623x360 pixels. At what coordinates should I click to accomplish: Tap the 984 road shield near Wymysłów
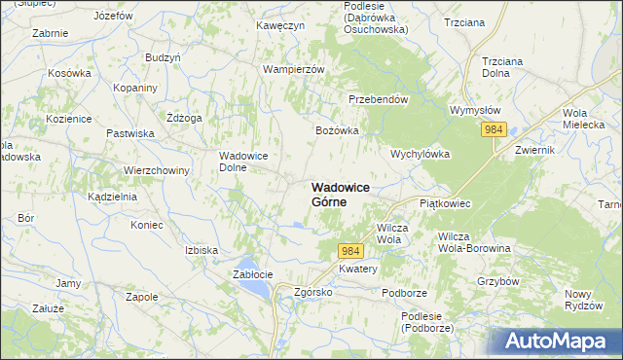495,130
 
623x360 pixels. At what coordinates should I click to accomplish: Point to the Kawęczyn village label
280,25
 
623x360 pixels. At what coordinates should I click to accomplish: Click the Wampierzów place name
293,69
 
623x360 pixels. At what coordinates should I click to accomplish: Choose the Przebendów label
378,99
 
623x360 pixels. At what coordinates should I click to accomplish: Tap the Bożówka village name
337,129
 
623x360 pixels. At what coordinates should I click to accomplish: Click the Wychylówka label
419,155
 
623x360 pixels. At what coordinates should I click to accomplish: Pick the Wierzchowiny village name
156,170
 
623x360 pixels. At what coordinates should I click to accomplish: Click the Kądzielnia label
112,196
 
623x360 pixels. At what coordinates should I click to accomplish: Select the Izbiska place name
202,250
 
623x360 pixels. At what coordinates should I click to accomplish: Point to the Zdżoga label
184,118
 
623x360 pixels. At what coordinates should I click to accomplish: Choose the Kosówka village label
69,73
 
